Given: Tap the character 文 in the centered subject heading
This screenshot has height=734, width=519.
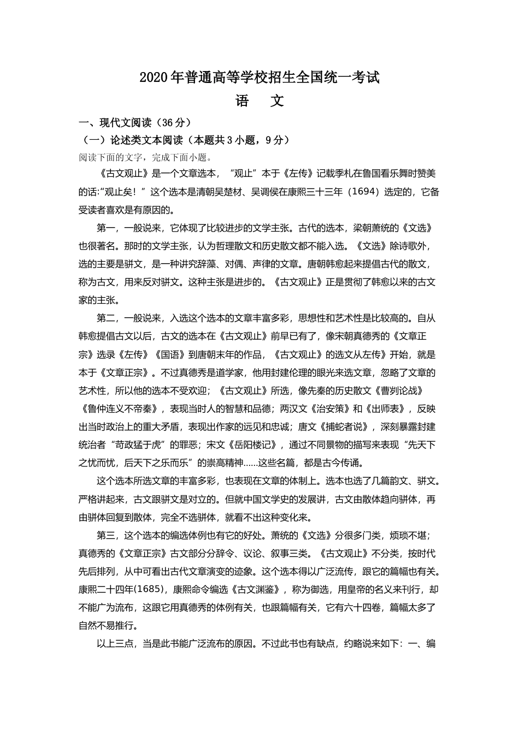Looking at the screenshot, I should [x=278, y=101].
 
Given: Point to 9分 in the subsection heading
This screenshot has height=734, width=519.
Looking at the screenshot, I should [x=274, y=140].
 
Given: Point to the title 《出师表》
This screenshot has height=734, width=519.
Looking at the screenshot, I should [x=386, y=409].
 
